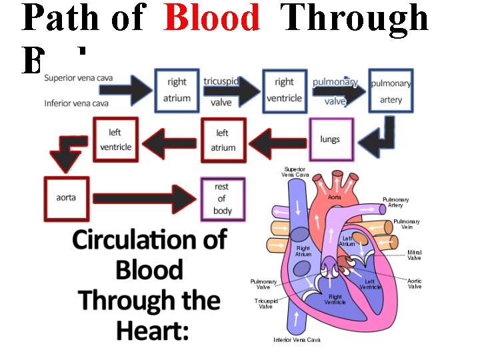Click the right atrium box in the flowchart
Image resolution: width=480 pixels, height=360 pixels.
click(177, 90)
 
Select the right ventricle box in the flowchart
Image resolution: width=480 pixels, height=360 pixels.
click(284, 90)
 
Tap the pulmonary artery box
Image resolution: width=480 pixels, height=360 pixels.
click(391, 91)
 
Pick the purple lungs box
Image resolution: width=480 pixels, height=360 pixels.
click(329, 139)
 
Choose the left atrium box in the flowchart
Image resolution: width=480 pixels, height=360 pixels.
click(223, 140)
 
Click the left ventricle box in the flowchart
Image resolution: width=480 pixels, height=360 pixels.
click(115, 139)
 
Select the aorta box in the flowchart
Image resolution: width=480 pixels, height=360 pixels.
click(66, 198)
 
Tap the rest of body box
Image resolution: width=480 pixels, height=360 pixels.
click(223, 199)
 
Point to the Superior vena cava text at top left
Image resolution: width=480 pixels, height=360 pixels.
click(79, 78)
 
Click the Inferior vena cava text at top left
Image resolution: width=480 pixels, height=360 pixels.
click(77, 103)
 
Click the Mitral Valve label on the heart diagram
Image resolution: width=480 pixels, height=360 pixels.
click(415, 255)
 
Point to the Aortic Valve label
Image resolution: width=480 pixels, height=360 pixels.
click(415, 283)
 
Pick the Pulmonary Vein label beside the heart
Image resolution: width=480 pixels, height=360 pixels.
click(407, 224)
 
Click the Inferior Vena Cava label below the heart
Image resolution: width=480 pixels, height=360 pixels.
click(297, 340)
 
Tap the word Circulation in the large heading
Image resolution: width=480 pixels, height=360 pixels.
click(149, 239)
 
